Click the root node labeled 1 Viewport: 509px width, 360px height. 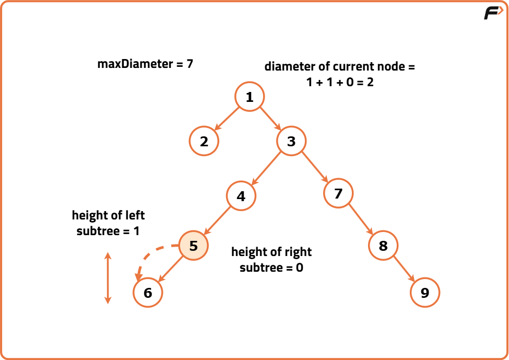[x=250, y=97]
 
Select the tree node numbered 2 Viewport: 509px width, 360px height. [x=204, y=141]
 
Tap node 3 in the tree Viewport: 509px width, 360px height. [x=291, y=141]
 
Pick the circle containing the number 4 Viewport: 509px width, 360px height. [x=241, y=196]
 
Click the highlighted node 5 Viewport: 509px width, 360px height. [x=194, y=245]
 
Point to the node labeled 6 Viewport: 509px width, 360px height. [x=148, y=292]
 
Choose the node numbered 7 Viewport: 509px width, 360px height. [x=338, y=194]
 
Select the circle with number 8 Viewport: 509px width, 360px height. [x=383, y=245]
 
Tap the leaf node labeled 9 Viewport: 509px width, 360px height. [x=425, y=292]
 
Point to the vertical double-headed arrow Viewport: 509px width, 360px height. [x=108, y=278]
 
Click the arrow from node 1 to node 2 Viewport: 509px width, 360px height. [x=227, y=119]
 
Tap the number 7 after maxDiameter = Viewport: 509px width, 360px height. [x=190, y=64]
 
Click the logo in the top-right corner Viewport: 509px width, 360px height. [x=493, y=13]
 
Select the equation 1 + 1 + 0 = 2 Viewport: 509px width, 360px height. [x=340, y=82]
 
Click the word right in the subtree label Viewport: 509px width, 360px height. [x=298, y=252]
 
